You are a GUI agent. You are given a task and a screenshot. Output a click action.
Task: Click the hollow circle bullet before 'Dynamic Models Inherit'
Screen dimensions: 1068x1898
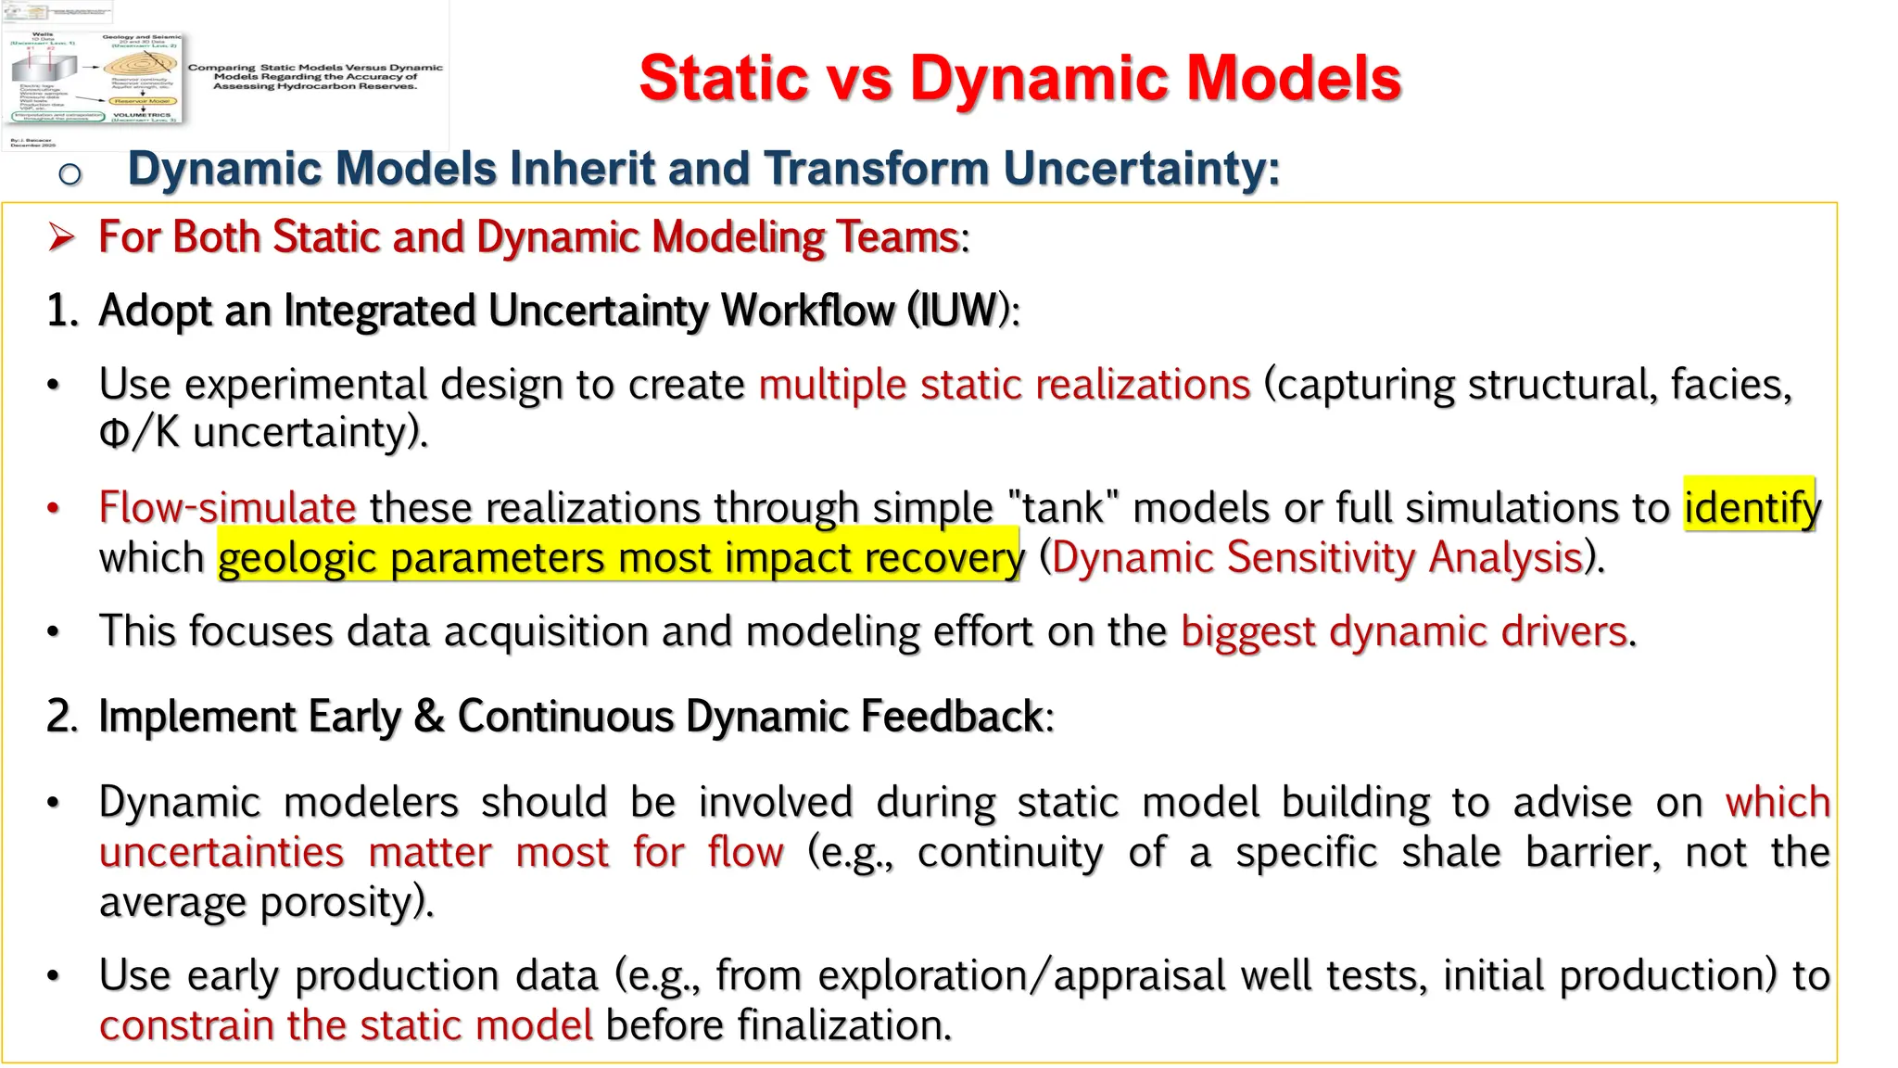click(70, 173)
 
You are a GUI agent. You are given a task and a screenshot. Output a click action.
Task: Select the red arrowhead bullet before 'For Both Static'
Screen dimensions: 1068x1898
click(61, 237)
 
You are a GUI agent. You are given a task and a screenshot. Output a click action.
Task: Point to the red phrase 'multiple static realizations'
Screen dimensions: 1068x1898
click(1004, 385)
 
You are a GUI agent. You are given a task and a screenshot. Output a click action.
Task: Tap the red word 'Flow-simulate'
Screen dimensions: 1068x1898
click(227, 508)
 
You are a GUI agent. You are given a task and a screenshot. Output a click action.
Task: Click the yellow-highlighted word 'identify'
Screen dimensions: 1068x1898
click(1751, 507)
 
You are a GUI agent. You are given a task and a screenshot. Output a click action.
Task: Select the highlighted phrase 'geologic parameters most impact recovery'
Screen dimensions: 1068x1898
click(619, 558)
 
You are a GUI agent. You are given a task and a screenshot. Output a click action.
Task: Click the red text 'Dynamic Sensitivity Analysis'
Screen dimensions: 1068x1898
click(1317, 558)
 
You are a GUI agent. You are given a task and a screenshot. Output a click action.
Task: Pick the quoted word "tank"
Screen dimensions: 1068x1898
click(1063, 508)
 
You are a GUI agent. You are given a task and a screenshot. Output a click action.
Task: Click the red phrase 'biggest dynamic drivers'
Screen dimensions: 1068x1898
click(1403, 632)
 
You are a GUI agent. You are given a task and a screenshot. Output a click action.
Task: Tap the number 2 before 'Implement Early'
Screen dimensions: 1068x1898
click(58, 717)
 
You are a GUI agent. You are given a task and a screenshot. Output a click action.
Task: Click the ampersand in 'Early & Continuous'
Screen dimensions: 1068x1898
click(428, 717)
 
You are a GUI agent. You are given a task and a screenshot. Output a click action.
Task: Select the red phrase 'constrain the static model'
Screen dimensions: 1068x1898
click(346, 1025)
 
